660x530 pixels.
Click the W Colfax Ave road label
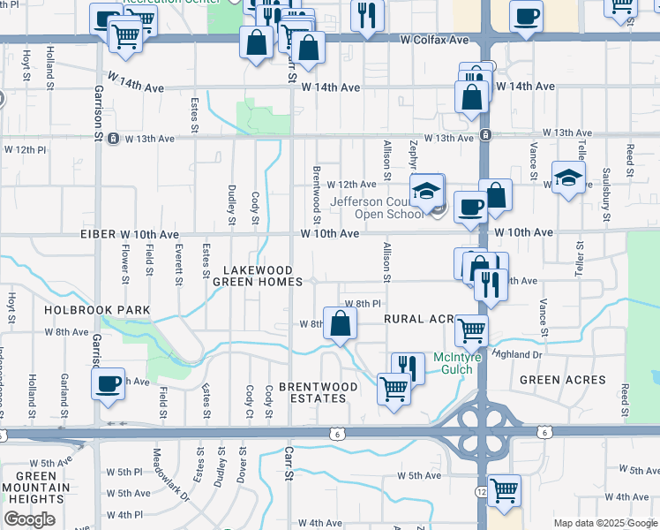(434, 40)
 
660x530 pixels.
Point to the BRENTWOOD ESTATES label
(318, 392)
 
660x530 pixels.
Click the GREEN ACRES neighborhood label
(563, 380)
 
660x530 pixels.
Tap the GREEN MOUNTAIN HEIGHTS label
(35, 488)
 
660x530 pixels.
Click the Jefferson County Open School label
(379, 207)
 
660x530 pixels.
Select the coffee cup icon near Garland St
(108, 383)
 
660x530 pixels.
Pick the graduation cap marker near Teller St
(568, 176)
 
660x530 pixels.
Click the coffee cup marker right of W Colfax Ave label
(526, 15)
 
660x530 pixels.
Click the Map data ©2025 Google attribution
(604, 523)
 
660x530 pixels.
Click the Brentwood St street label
(316, 193)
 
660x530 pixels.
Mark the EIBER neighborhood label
(98, 233)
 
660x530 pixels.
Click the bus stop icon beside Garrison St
(114, 139)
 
